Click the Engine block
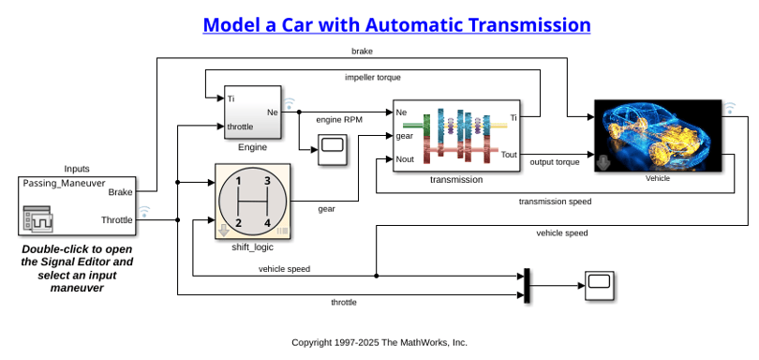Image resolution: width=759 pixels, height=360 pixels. coord(253,112)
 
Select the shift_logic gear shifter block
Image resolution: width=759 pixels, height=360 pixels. coord(252,202)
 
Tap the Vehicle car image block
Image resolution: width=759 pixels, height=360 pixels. coord(658,136)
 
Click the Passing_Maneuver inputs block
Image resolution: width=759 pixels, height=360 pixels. coord(77,206)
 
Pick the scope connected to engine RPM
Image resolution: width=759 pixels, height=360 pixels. coord(333,150)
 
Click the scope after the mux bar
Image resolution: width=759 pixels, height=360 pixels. coord(600,286)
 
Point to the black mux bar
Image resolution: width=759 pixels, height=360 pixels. coord(527,285)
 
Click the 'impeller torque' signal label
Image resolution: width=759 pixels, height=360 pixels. coord(373,77)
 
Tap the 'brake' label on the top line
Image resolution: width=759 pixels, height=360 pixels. coord(362,51)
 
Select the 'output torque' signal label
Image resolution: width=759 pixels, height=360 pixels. coord(555,162)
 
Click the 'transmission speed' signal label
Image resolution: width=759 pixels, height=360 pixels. coord(555,201)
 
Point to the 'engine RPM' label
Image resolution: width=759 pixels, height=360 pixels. coord(339,120)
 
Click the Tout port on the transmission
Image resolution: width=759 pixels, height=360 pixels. coord(509,155)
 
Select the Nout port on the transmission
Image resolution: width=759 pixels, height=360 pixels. coord(405,159)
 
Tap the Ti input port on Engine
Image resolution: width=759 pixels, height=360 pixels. coord(231,98)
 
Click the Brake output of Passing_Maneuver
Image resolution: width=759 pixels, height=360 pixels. coord(120,192)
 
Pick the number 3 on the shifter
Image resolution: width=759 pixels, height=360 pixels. coord(267,181)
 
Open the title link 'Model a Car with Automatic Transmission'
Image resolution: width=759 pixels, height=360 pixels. coord(396,24)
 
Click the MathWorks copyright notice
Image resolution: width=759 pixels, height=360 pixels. coord(379,342)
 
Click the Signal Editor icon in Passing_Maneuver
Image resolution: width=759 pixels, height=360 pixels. coord(37,219)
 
